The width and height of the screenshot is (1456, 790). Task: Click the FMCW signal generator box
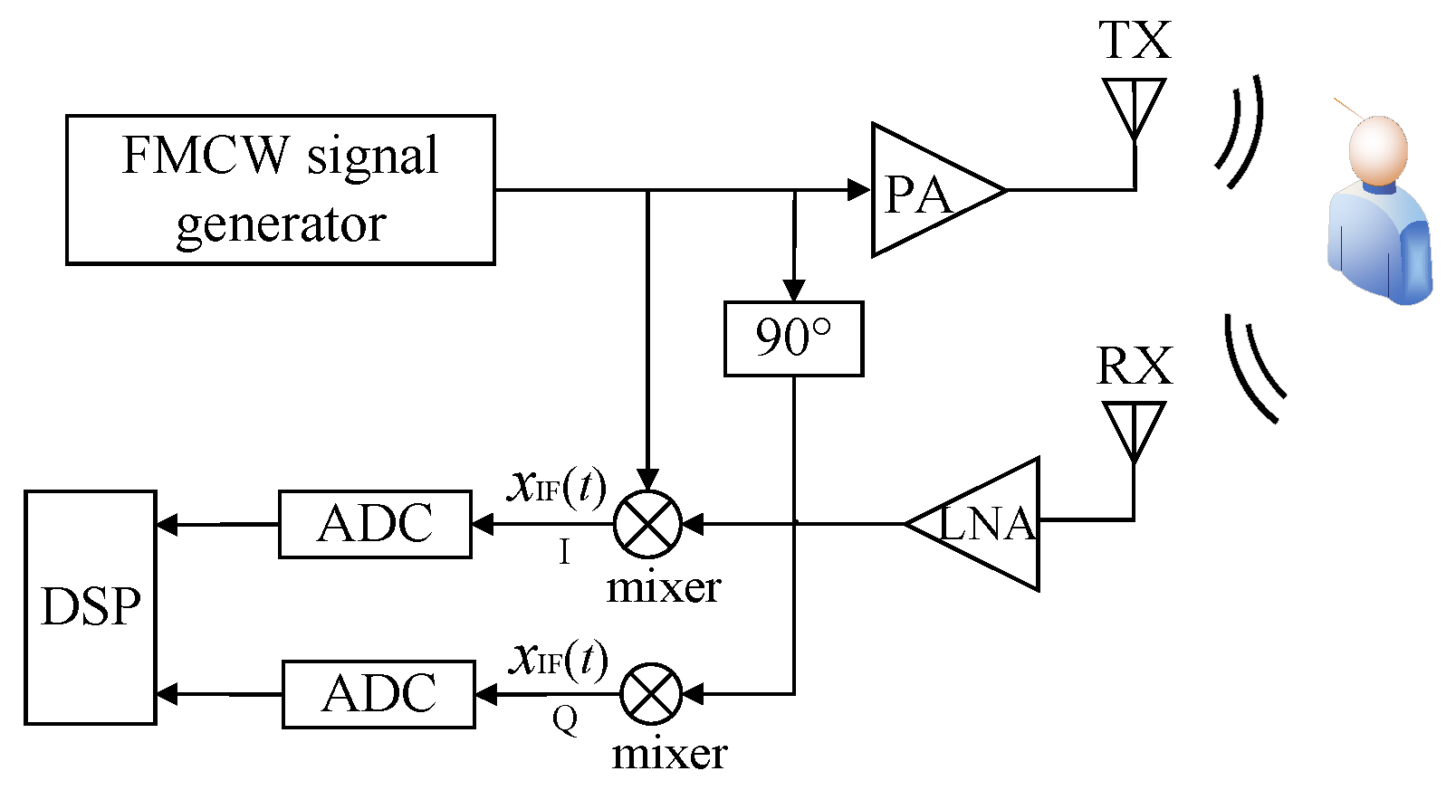(x=280, y=190)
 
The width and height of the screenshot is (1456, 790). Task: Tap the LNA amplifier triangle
(x=987, y=524)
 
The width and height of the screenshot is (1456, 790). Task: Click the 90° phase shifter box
(x=793, y=338)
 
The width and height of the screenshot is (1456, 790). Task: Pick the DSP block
(x=91, y=607)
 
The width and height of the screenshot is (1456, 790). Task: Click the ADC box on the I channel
(x=375, y=524)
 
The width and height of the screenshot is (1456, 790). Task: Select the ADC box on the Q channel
(x=378, y=694)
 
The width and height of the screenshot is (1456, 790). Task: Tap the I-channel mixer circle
(x=647, y=524)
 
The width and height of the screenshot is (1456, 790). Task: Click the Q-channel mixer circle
(x=651, y=694)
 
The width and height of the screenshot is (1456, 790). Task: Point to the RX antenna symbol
(x=1134, y=431)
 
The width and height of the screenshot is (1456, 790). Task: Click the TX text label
(x=1135, y=41)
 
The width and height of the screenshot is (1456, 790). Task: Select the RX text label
(x=1134, y=366)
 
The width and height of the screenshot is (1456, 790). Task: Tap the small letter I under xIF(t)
(x=565, y=551)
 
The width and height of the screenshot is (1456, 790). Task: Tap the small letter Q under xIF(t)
(x=565, y=719)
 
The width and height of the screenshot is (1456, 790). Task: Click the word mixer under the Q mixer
(x=669, y=754)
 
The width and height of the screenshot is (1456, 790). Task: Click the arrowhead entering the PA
(x=858, y=190)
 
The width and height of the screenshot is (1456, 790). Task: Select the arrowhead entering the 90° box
(x=794, y=290)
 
